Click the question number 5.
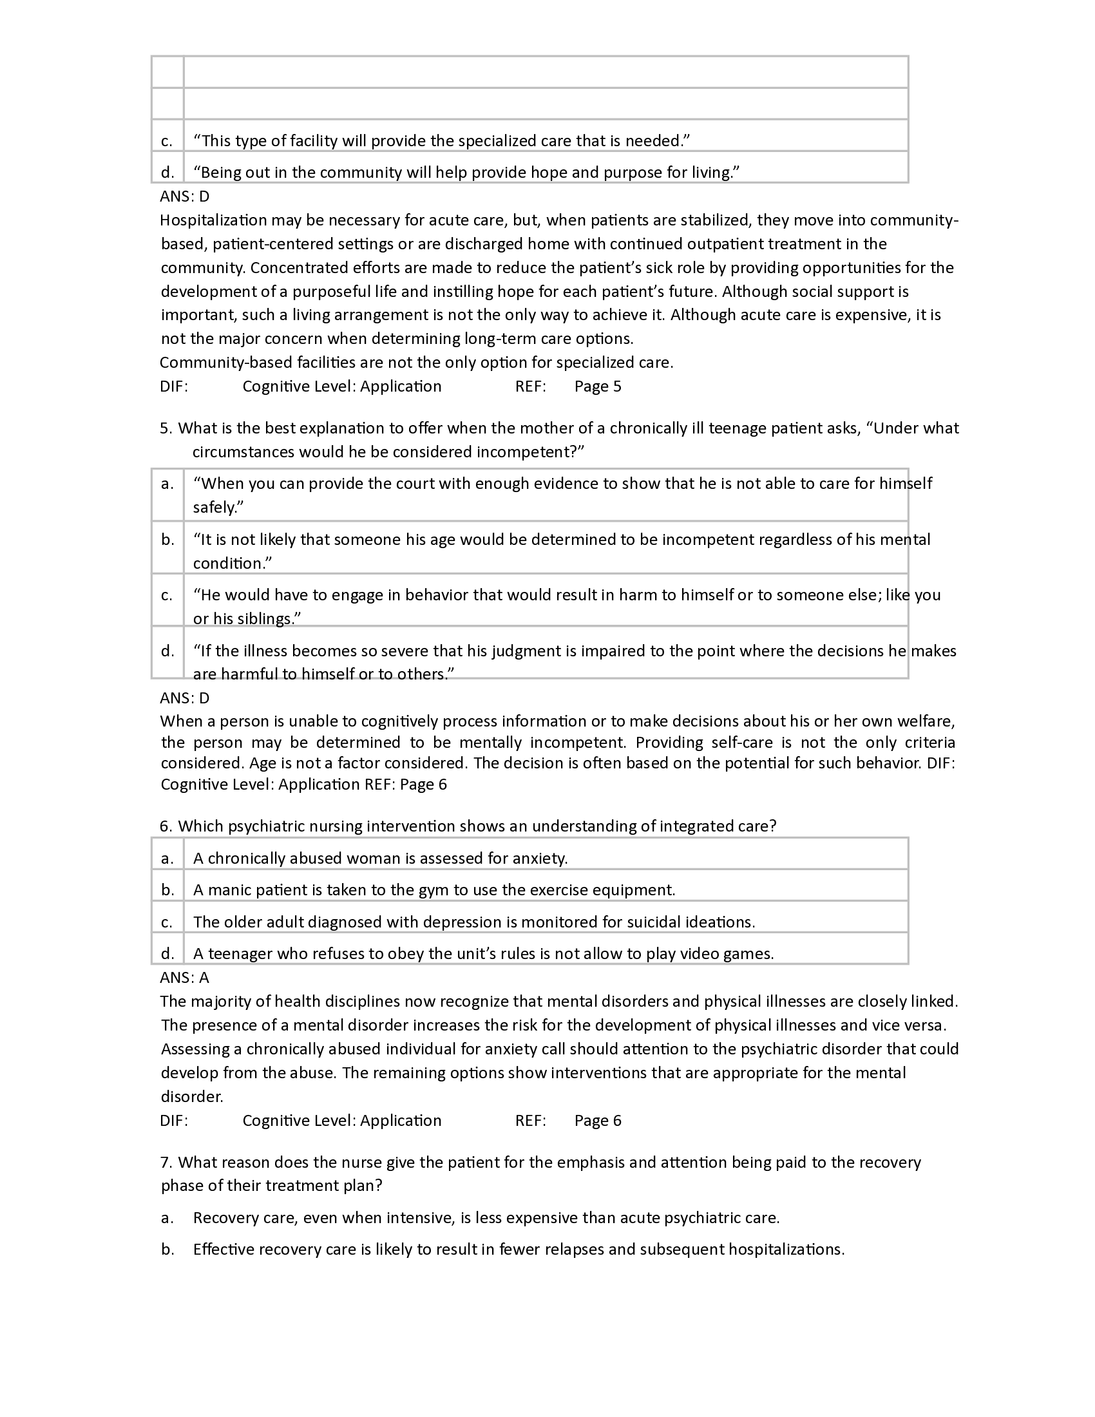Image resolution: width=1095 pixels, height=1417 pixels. pos(166,428)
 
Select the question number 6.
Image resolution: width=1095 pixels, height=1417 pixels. pos(166,826)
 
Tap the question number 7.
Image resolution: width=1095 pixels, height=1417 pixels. pos(166,1162)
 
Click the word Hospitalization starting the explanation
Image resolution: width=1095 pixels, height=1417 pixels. pos(213,220)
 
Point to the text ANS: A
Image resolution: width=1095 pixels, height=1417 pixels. pos(184,977)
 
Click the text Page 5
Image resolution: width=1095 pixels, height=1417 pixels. pos(598,386)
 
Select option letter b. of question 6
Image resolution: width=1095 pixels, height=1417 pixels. pos(167,889)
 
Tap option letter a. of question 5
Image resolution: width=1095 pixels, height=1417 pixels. pos(167,483)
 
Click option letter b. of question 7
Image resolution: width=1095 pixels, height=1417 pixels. pos(167,1249)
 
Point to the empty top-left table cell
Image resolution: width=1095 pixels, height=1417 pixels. pos(167,71)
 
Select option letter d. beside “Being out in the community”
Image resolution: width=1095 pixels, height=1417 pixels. pos(167,172)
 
